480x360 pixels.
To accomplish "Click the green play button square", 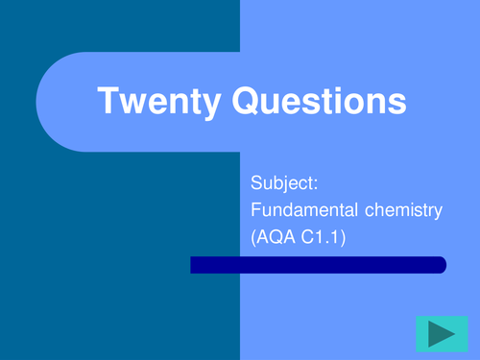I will [442, 334].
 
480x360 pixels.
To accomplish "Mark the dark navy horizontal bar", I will [318, 265].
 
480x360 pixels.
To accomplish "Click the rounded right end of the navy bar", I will [441, 265].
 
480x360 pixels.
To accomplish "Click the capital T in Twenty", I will [108, 101].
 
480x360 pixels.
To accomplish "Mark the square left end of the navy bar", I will [193, 265].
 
